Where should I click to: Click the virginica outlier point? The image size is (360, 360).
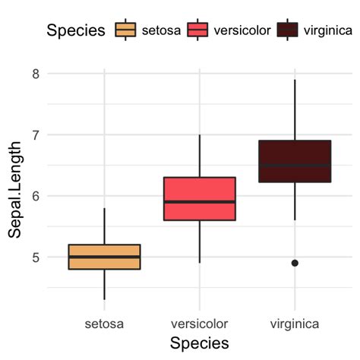(295, 263)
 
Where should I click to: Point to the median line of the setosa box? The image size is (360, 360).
(104, 257)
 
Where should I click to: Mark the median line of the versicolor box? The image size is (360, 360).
(199, 202)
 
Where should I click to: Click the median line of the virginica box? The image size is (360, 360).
(294, 166)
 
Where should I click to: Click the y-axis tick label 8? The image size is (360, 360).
(36, 74)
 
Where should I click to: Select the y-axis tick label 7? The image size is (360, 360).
(36, 134)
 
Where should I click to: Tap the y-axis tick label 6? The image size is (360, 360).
(36, 196)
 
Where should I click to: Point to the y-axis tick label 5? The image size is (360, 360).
(36, 257)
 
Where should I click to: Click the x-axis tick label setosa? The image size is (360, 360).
(104, 324)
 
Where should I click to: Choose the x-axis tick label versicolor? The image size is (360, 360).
(199, 324)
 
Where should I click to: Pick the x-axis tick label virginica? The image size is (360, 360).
(294, 324)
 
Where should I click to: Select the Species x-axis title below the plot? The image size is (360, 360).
(199, 343)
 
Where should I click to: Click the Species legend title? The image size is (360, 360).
(74, 30)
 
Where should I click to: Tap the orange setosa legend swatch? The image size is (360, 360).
(125, 30)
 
